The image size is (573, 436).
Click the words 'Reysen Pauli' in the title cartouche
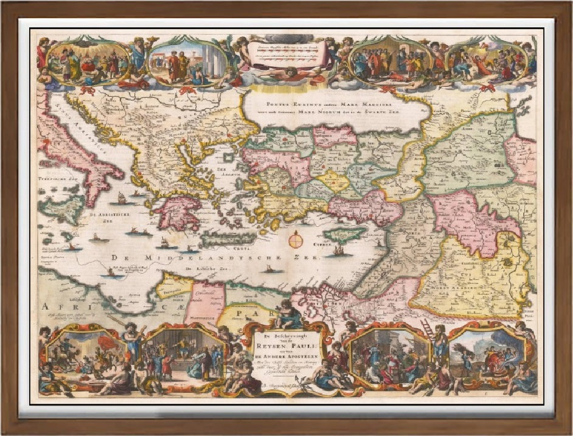pos(286,341)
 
